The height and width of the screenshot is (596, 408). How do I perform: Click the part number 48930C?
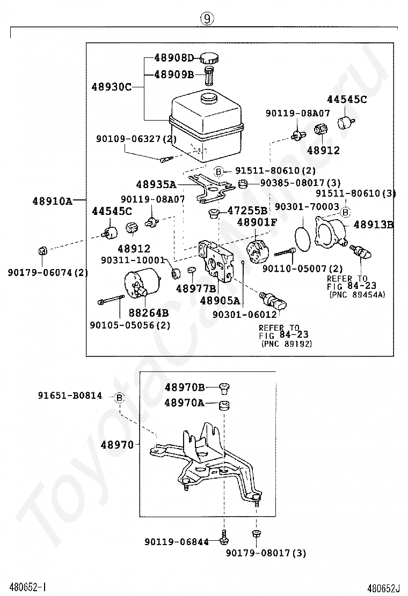(x=111, y=87)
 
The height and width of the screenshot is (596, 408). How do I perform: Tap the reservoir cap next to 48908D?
(x=209, y=58)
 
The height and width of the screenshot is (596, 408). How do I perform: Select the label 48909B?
(x=174, y=74)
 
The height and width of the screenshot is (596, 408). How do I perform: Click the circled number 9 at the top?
(x=207, y=18)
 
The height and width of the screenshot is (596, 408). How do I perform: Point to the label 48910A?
(x=52, y=200)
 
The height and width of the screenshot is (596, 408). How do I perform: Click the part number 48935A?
(x=156, y=185)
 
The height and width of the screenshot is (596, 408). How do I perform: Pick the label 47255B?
(x=247, y=211)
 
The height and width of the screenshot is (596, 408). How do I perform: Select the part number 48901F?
(x=257, y=222)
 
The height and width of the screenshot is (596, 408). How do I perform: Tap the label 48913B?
(x=373, y=225)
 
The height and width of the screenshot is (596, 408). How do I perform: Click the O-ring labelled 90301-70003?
(x=303, y=234)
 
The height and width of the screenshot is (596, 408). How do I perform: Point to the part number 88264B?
(x=148, y=313)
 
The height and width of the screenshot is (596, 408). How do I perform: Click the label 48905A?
(x=220, y=301)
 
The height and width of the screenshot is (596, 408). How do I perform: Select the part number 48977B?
(x=195, y=289)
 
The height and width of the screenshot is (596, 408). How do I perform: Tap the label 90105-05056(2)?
(x=130, y=325)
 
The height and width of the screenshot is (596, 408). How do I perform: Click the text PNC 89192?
(x=287, y=344)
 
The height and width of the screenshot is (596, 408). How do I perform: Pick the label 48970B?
(x=185, y=388)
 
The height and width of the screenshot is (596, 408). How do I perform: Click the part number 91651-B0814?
(x=70, y=396)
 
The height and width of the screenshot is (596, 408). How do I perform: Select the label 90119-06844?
(x=177, y=541)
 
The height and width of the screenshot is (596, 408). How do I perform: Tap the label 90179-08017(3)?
(x=266, y=553)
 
